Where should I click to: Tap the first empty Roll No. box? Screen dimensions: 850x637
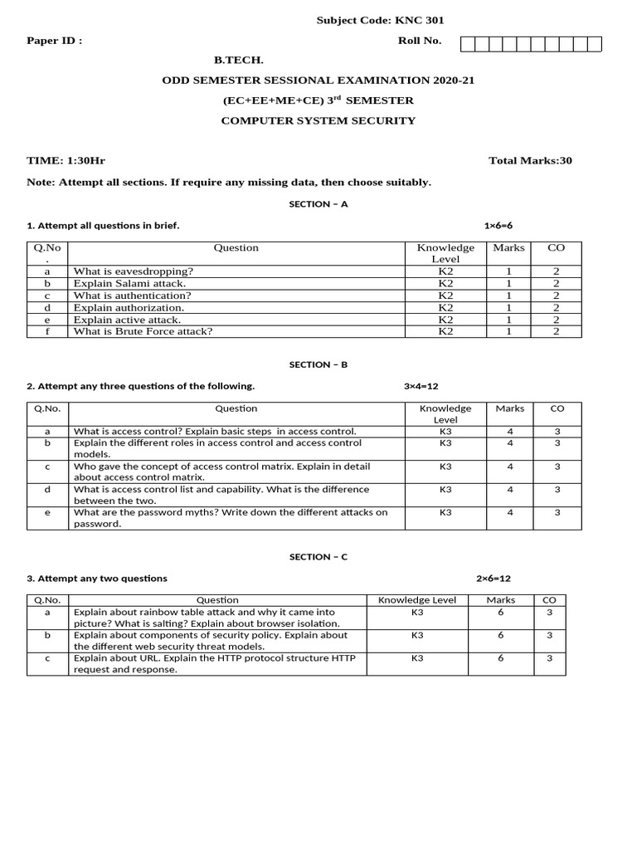point(467,44)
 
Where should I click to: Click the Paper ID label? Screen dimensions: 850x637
point(55,42)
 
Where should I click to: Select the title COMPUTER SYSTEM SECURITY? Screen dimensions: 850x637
point(318,120)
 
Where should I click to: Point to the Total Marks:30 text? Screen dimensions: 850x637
point(530,160)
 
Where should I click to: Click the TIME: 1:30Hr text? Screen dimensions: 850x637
point(66,160)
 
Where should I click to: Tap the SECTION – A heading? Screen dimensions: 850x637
point(318,204)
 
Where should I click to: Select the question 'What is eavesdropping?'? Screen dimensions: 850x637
point(134,271)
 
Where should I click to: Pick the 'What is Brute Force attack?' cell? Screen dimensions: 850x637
point(143,331)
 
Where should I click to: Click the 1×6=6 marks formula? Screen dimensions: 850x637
point(503,225)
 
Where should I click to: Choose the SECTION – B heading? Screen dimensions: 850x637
point(318,364)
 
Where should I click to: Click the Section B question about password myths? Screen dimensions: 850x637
point(231,518)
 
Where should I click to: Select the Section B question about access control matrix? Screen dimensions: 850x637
point(222,471)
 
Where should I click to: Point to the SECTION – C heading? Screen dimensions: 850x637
point(318,557)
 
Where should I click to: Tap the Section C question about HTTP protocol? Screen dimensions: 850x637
point(214,663)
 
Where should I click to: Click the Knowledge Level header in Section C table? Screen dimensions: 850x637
point(417,600)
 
